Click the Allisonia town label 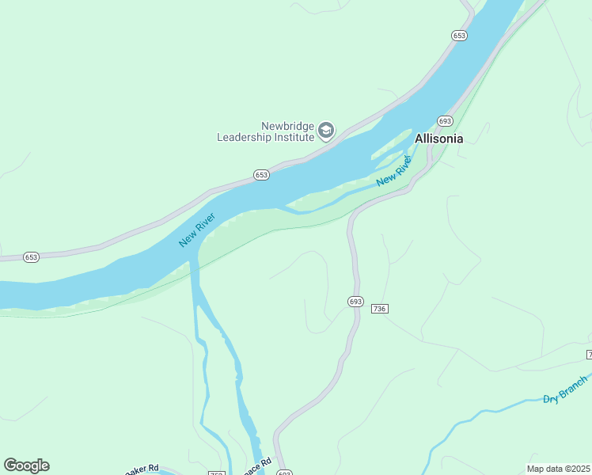click(x=439, y=139)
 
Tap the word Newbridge click(x=288, y=126)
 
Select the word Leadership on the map click(x=245, y=137)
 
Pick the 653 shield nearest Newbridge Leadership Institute click(x=262, y=174)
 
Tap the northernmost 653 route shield click(x=460, y=36)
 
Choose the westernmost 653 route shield click(x=31, y=257)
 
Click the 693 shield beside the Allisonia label click(x=445, y=121)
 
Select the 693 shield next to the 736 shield click(x=355, y=302)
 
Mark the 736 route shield click(x=379, y=308)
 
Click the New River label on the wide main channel click(x=197, y=230)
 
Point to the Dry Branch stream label click(x=566, y=388)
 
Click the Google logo click(x=26, y=465)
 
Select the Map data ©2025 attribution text click(x=559, y=469)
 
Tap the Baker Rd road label click(x=142, y=469)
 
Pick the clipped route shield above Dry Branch click(x=589, y=353)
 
